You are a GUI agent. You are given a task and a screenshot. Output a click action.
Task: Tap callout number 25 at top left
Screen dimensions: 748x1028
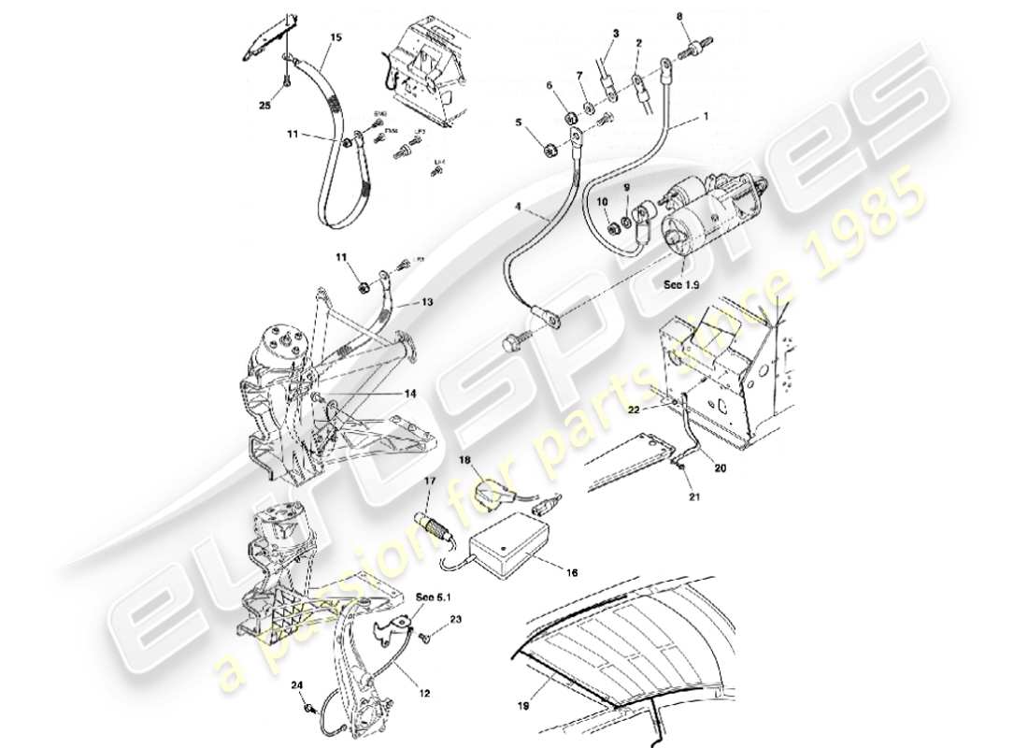[264, 106]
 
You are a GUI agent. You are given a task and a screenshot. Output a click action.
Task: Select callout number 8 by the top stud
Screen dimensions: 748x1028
[679, 17]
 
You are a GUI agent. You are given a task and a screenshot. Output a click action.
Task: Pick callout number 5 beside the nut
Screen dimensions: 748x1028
[519, 122]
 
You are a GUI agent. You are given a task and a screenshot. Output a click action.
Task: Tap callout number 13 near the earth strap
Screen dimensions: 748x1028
[427, 304]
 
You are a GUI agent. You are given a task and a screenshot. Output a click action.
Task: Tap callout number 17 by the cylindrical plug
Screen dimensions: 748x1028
[431, 482]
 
